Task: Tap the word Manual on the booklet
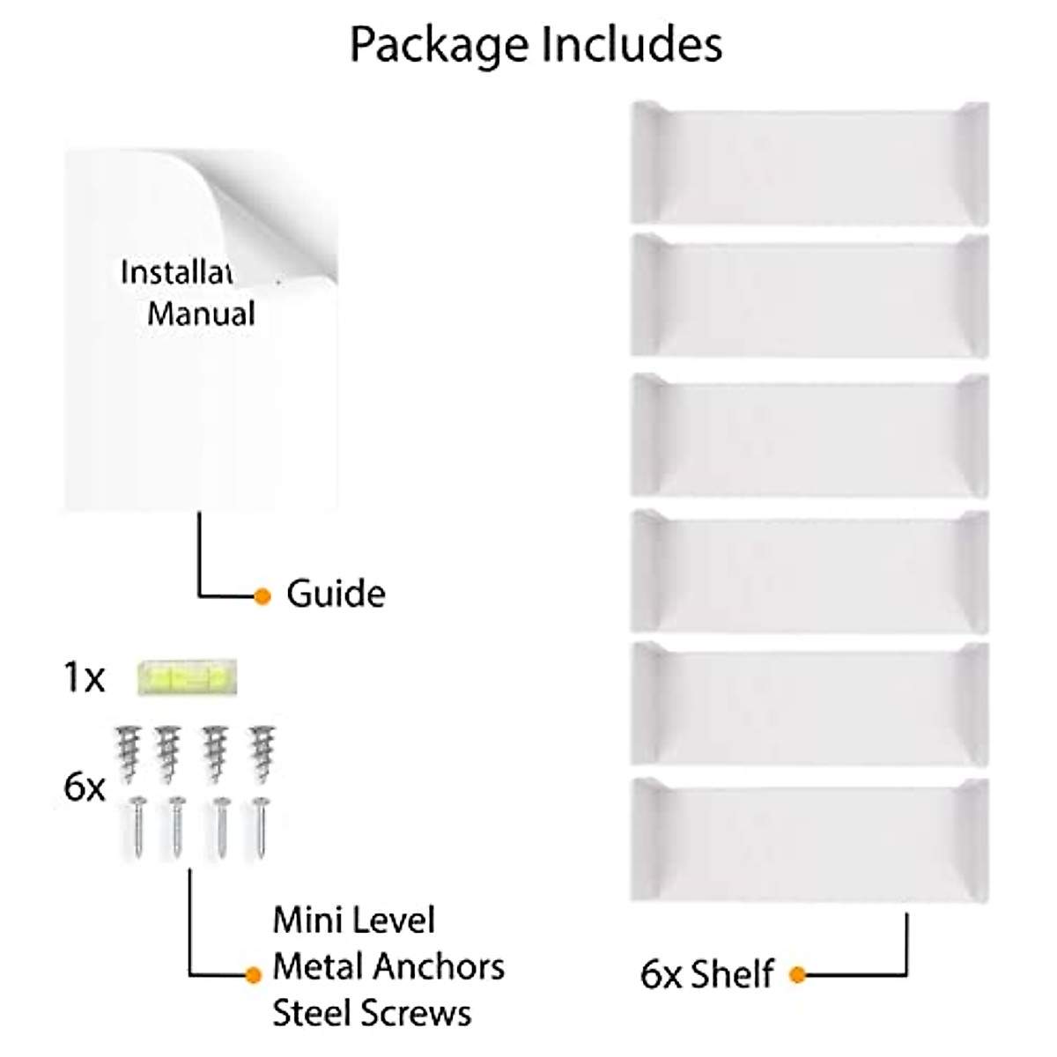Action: (x=201, y=314)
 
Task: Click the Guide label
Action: (x=336, y=595)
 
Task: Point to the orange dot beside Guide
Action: (x=262, y=596)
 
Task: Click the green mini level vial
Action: (x=188, y=678)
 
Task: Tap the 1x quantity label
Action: (x=84, y=678)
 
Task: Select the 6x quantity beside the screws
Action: (x=84, y=787)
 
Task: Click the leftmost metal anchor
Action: (x=129, y=752)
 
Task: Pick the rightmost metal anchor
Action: (x=262, y=752)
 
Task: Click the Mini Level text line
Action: (x=353, y=920)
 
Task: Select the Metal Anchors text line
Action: (x=388, y=966)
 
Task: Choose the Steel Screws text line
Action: (x=372, y=1013)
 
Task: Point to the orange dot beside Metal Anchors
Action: (x=254, y=974)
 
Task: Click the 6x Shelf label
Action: (x=706, y=974)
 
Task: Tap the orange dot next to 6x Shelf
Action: (x=797, y=974)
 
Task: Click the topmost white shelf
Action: (x=809, y=163)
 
